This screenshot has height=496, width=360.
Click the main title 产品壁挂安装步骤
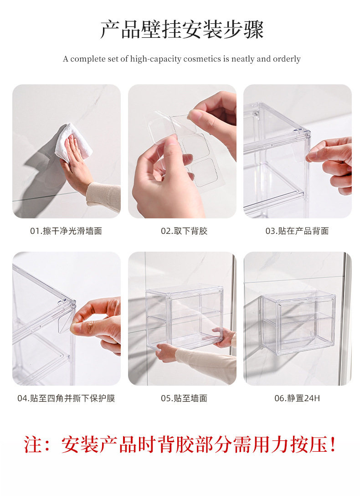pyautogui.click(x=182, y=30)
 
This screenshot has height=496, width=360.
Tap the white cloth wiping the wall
pyautogui.click(x=73, y=142)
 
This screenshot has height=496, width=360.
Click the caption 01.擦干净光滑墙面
pyautogui.click(x=66, y=231)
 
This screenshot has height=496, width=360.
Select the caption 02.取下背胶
pyautogui.click(x=184, y=231)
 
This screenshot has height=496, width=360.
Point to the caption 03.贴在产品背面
pyautogui.click(x=297, y=231)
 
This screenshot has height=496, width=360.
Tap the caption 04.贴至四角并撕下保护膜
pyautogui.click(x=66, y=398)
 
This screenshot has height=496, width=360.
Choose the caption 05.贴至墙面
pyautogui.click(x=184, y=398)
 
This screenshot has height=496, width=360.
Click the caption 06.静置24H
pyautogui.click(x=297, y=398)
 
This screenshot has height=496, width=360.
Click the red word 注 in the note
pyautogui.click(x=33, y=444)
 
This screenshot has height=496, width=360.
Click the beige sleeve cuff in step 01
pyautogui.click(x=103, y=196)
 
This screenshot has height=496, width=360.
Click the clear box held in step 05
pyautogui.click(x=185, y=316)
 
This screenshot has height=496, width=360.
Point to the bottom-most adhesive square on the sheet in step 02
pyautogui.click(x=205, y=172)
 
